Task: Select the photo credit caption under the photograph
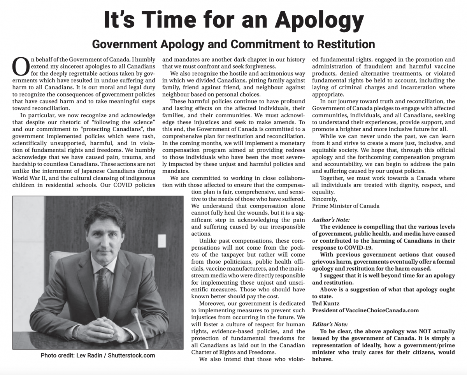(x=98, y=355)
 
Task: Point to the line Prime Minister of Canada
(x=346, y=206)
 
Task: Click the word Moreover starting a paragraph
(x=212, y=303)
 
